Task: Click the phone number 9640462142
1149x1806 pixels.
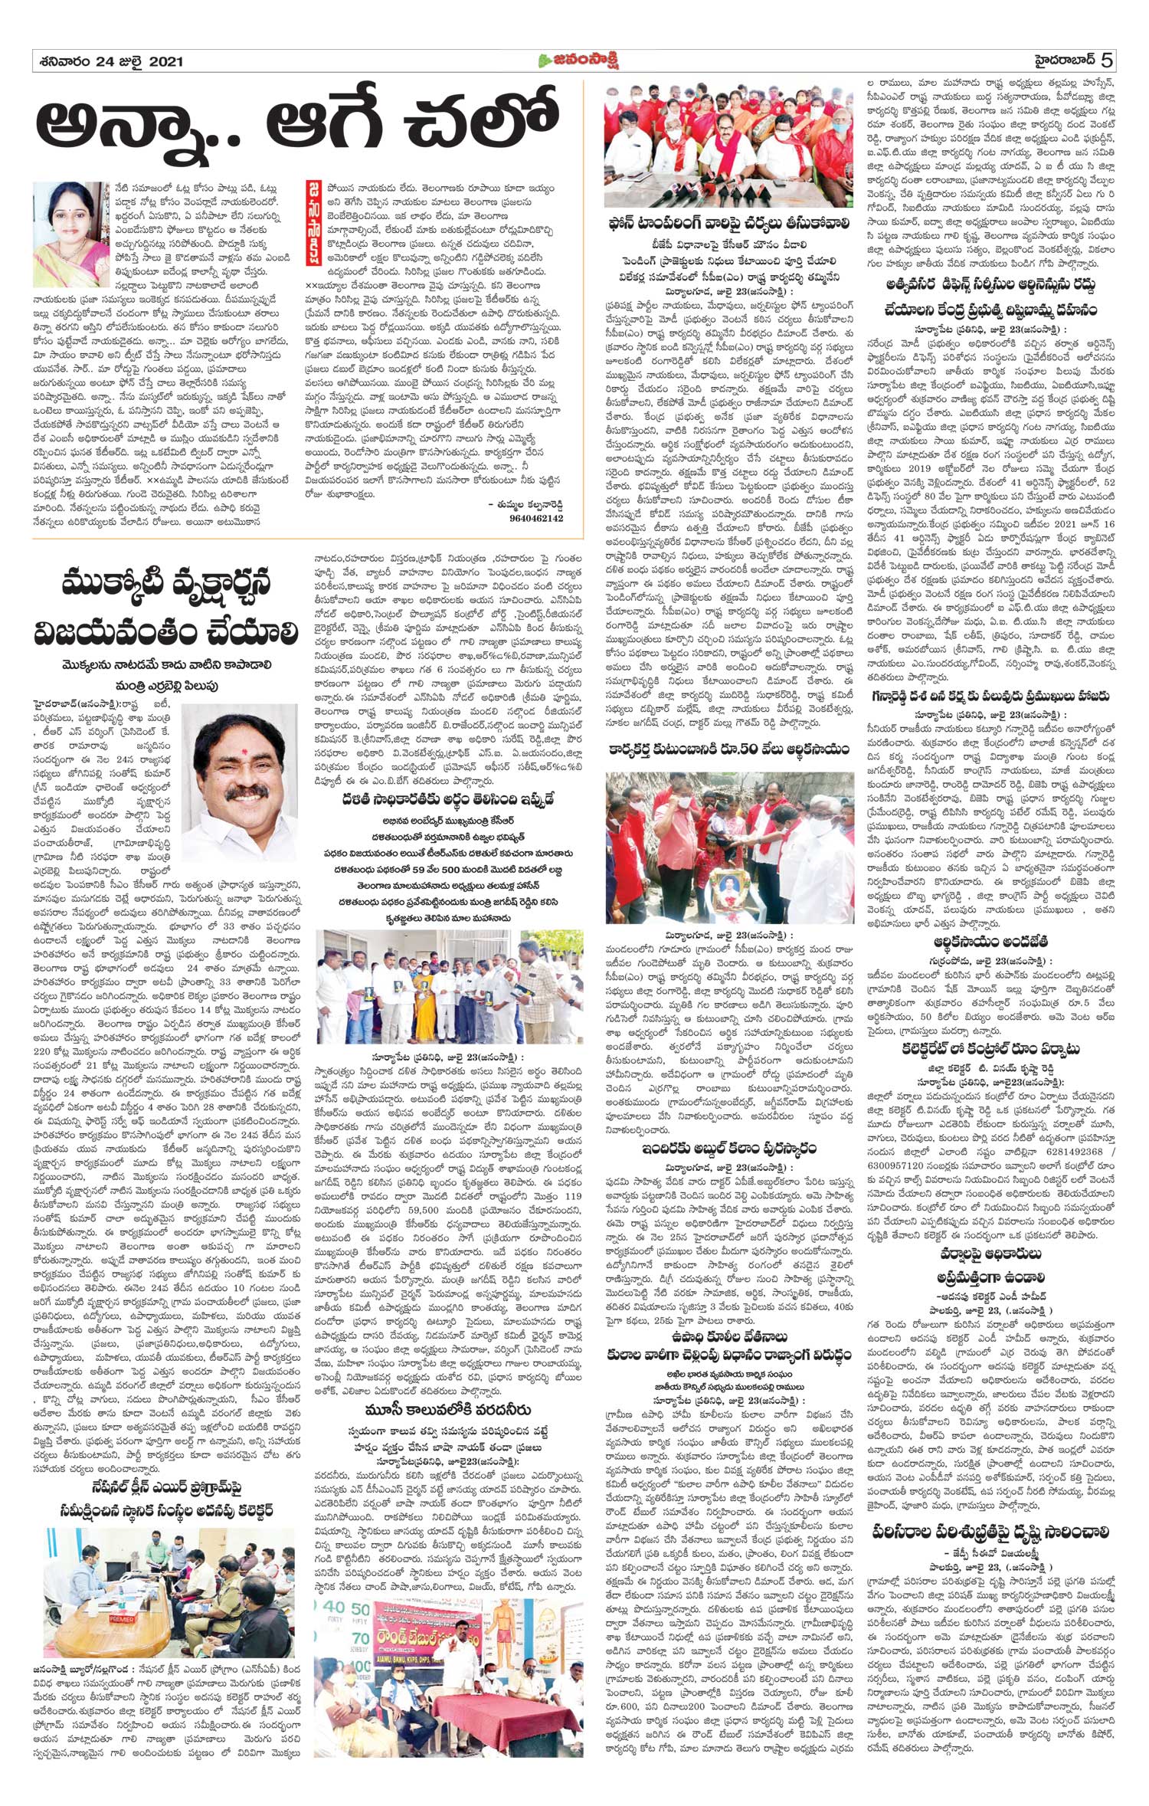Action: click(x=535, y=519)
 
